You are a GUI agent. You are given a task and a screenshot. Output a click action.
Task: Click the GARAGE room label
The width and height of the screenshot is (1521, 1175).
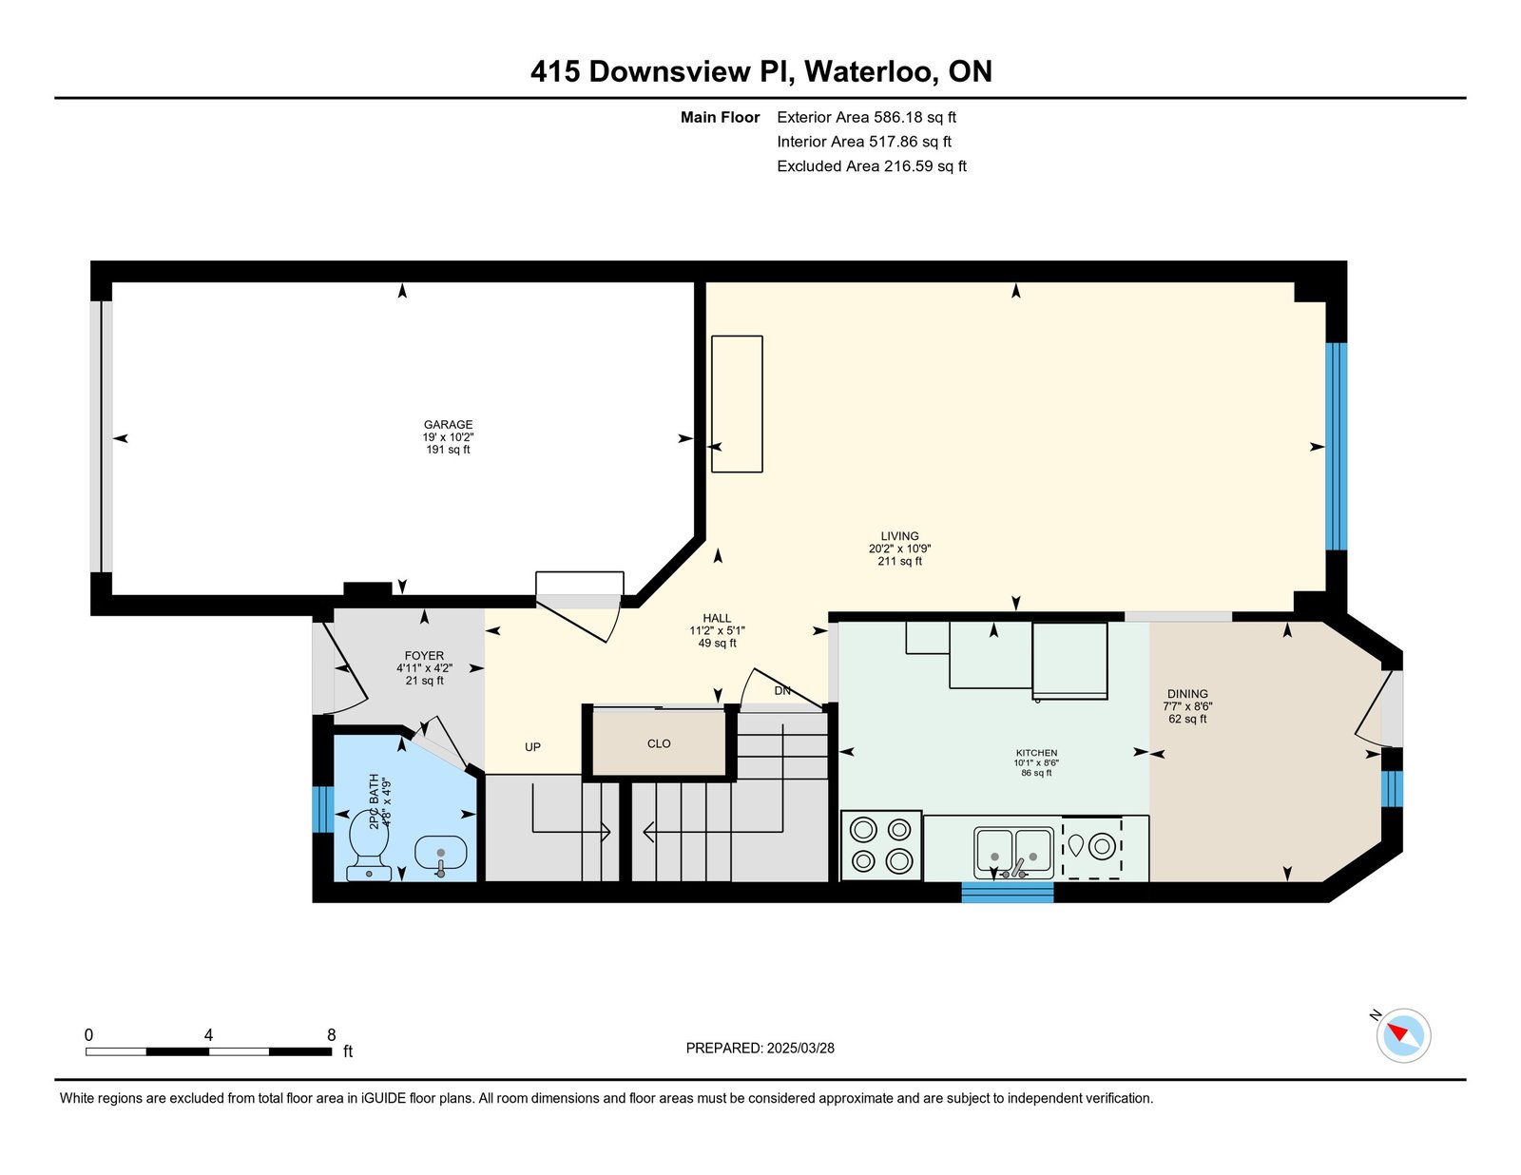pyautogui.click(x=448, y=424)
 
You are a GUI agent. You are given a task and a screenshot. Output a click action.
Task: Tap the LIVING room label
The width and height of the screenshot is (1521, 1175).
pyautogui.click(x=899, y=536)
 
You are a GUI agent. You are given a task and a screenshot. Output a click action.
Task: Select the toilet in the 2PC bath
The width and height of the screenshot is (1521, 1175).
pyautogui.click(x=370, y=845)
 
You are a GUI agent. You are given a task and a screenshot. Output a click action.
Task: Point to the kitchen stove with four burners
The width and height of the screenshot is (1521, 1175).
pyautogui.click(x=881, y=845)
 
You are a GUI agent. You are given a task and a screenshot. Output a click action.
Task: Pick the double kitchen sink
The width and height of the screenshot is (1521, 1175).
pyautogui.click(x=1013, y=853)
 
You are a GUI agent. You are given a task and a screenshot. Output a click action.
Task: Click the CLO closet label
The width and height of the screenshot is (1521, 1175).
pyautogui.click(x=659, y=743)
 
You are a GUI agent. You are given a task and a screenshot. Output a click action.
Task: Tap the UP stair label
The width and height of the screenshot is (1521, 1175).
pyautogui.click(x=532, y=746)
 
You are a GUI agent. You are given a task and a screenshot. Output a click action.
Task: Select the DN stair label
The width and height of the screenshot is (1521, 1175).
pyautogui.click(x=782, y=691)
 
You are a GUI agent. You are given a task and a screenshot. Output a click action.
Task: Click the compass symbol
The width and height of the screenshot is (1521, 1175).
pyautogui.click(x=1403, y=1035)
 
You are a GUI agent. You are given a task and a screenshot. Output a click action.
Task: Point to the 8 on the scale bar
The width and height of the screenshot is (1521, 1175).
pyautogui.click(x=331, y=1034)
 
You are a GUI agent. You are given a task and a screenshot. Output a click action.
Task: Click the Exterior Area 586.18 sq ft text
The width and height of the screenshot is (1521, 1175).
pyautogui.click(x=867, y=118)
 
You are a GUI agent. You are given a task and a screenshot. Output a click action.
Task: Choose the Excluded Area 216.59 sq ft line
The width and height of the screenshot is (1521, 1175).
pyautogui.click(x=872, y=166)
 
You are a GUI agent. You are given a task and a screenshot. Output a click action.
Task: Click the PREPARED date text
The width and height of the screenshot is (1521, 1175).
pyautogui.click(x=760, y=1048)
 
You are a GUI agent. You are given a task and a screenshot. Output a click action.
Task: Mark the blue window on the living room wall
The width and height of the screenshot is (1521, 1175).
pyautogui.click(x=1337, y=447)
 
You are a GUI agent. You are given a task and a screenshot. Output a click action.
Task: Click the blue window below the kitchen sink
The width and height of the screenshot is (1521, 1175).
pyautogui.click(x=1008, y=892)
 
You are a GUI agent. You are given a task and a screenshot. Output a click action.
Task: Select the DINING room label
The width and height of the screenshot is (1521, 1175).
pyautogui.click(x=1187, y=694)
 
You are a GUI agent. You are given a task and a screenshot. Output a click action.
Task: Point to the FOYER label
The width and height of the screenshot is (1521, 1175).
pyautogui.click(x=424, y=656)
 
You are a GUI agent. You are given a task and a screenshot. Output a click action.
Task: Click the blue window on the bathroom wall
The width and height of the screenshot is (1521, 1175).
pyautogui.click(x=322, y=810)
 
